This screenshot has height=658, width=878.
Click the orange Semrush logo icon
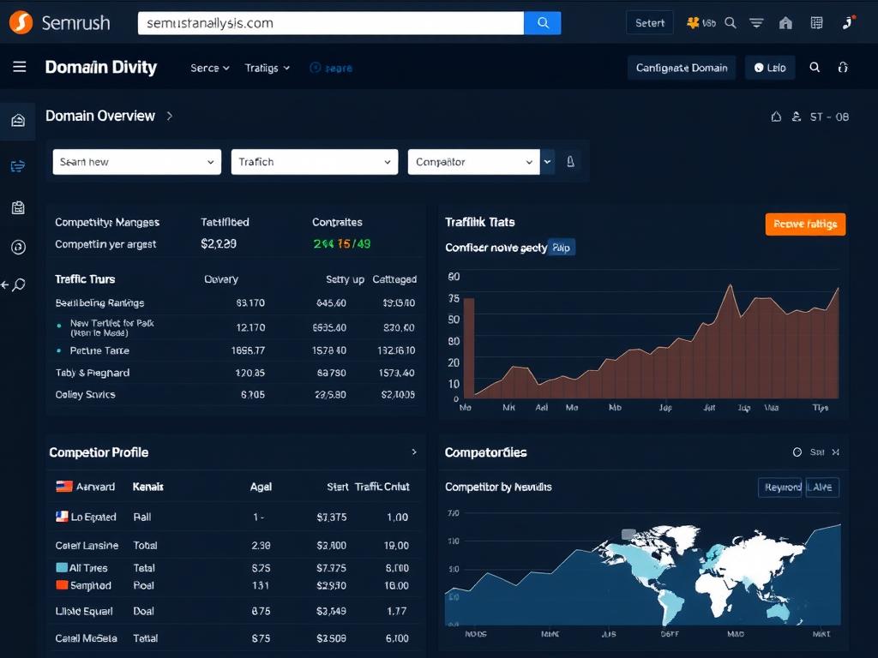point(21,22)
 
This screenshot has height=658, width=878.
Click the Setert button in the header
point(649,23)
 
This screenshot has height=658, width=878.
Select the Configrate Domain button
point(682,68)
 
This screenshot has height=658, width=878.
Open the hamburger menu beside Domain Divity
point(20,67)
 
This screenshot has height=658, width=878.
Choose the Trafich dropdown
point(314,162)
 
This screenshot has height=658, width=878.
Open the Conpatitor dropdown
point(473,162)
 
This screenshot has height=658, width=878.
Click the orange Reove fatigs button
point(805,224)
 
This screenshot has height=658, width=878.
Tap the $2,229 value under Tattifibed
point(218,244)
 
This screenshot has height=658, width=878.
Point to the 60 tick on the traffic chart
point(454,277)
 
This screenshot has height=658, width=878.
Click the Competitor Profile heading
point(99,452)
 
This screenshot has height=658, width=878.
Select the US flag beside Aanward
point(64,487)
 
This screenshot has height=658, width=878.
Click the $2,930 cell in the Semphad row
point(331,586)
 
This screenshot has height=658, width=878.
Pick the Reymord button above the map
point(779,488)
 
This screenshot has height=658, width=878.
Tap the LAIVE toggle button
point(821,488)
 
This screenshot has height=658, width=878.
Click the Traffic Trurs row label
point(85,279)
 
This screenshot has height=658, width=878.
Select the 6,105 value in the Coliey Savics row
point(252,395)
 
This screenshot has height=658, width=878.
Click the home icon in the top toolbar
point(785,23)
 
